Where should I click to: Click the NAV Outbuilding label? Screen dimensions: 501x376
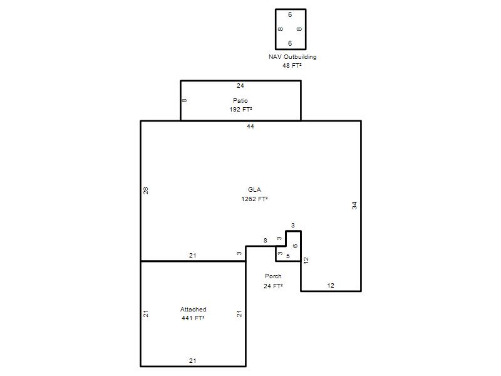tap(292, 57)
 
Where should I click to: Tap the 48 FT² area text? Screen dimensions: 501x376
tap(292, 66)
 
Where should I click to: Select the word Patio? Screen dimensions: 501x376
tap(240, 101)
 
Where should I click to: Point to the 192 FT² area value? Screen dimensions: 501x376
tap(240, 109)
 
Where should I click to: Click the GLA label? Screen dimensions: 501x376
tap(254, 190)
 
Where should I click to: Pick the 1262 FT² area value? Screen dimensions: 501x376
tap(254, 199)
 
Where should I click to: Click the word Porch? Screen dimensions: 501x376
tap(273, 276)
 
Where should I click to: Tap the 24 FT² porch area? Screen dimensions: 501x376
tap(273, 286)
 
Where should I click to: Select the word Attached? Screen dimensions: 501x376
tap(194, 310)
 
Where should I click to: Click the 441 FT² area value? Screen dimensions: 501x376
tap(193, 318)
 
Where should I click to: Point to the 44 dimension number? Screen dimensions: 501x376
tap(250, 127)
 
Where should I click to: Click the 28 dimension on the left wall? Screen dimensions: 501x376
tap(146, 191)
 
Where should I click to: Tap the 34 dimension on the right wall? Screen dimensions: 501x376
tap(354, 206)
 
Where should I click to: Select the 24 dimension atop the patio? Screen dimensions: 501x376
tap(240, 86)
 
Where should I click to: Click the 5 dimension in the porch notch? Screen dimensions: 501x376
tap(288, 256)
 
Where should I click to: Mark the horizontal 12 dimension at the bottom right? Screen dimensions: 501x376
tap(331, 286)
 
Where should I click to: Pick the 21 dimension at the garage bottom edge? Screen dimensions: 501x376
tap(192, 361)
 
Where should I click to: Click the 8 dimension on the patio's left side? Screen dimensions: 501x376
tap(184, 100)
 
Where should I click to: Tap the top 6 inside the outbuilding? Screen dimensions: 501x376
tap(290, 14)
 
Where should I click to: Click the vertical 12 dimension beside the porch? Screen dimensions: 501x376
tap(306, 260)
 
